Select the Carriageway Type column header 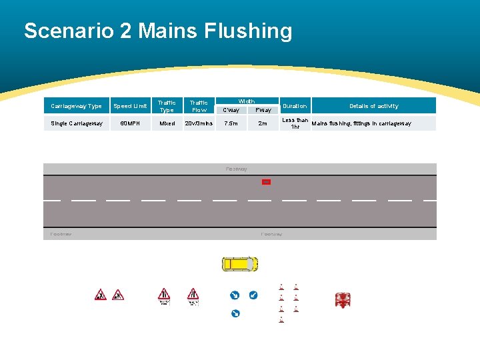(x=76, y=106)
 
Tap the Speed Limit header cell (x=130, y=106)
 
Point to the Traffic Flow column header (x=199, y=106)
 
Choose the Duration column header (x=295, y=106)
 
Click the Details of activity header (x=374, y=106)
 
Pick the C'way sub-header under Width (x=231, y=110)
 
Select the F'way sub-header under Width (x=263, y=110)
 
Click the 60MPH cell (x=130, y=123)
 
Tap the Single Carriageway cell (x=77, y=123)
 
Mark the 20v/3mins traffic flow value (x=199, y=123)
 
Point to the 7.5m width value (x=231, y=123)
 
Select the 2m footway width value (x=263, y=123)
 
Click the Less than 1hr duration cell (x=295, y=123)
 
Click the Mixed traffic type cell (x=167, y=123)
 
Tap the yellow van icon (x=239, y=264)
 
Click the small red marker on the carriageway (x=266, y=181)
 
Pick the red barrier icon (x=343, y=300)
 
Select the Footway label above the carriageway (x=237, y=169)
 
